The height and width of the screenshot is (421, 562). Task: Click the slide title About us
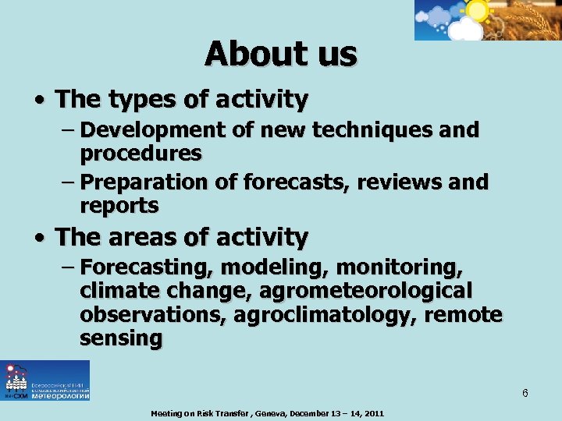coord(281,55)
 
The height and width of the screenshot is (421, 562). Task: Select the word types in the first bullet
coord(140,100)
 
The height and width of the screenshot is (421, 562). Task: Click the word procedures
coord(140,154)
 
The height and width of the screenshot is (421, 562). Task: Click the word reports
coord(119,207)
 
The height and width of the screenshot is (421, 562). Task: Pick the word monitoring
coord(399,267)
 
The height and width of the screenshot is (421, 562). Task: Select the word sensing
coord(121,339)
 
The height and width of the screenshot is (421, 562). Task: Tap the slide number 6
coord(525,393)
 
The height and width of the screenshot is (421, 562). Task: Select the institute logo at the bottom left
coord(45,380)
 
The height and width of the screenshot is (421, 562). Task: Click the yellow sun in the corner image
coord(476,10)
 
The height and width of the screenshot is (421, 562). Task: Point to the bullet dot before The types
coord(38,101)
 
